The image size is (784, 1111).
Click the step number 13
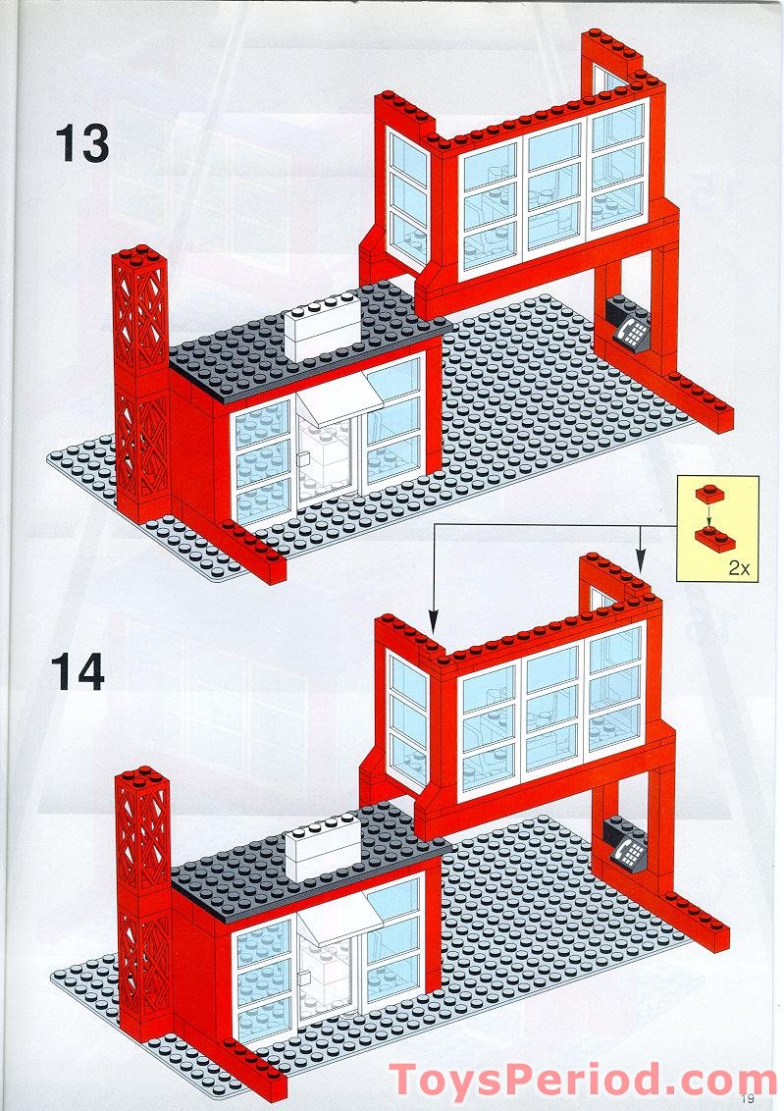[x=81, y=143]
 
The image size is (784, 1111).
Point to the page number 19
[x=749, y=1098]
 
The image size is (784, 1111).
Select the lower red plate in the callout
[x=709, y=534]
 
